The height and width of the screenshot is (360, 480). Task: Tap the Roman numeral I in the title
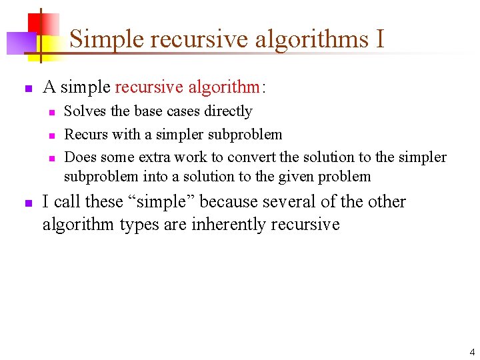click(x=380, y=39)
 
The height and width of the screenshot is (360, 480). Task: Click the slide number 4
click(x=472, y=352)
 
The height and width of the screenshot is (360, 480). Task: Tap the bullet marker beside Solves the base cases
click(x=51, y=112)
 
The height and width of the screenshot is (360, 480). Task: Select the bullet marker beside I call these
click(x=27, y=203)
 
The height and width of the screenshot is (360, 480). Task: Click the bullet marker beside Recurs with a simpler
click(x=51, y=135)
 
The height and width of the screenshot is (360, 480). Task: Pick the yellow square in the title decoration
click(x=46, y=45)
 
